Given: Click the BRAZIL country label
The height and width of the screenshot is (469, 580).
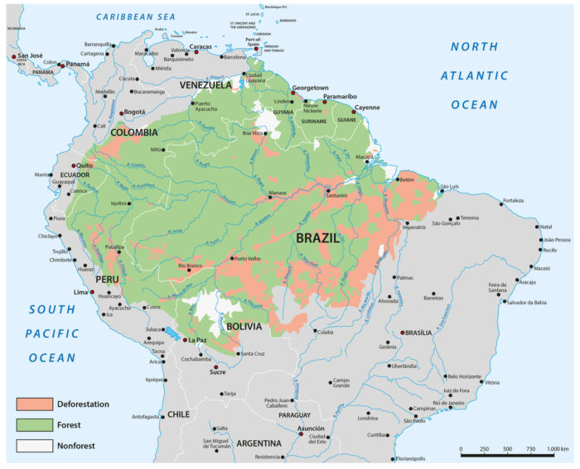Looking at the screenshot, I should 317,238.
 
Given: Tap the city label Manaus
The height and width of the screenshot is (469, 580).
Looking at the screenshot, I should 283,194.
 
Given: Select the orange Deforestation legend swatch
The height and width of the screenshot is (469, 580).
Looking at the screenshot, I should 33,404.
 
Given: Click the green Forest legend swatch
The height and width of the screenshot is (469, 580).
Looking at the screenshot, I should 33,424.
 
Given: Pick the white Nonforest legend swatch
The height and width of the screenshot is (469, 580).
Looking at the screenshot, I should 33,446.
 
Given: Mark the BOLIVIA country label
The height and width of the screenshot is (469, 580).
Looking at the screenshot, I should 244,327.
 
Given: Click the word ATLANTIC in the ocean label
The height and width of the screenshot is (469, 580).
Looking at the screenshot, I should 475,75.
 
